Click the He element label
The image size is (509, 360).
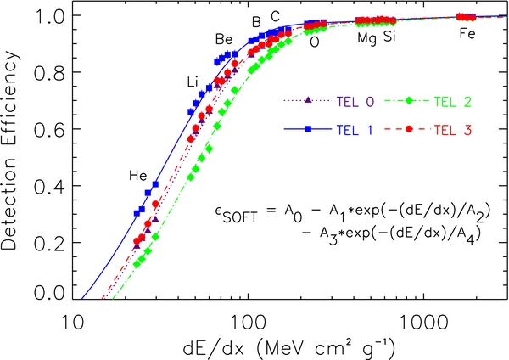138,176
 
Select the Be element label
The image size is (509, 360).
224,39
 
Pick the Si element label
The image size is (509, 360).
389,37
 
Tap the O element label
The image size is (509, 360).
315,39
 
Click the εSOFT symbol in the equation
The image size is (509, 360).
237,214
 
